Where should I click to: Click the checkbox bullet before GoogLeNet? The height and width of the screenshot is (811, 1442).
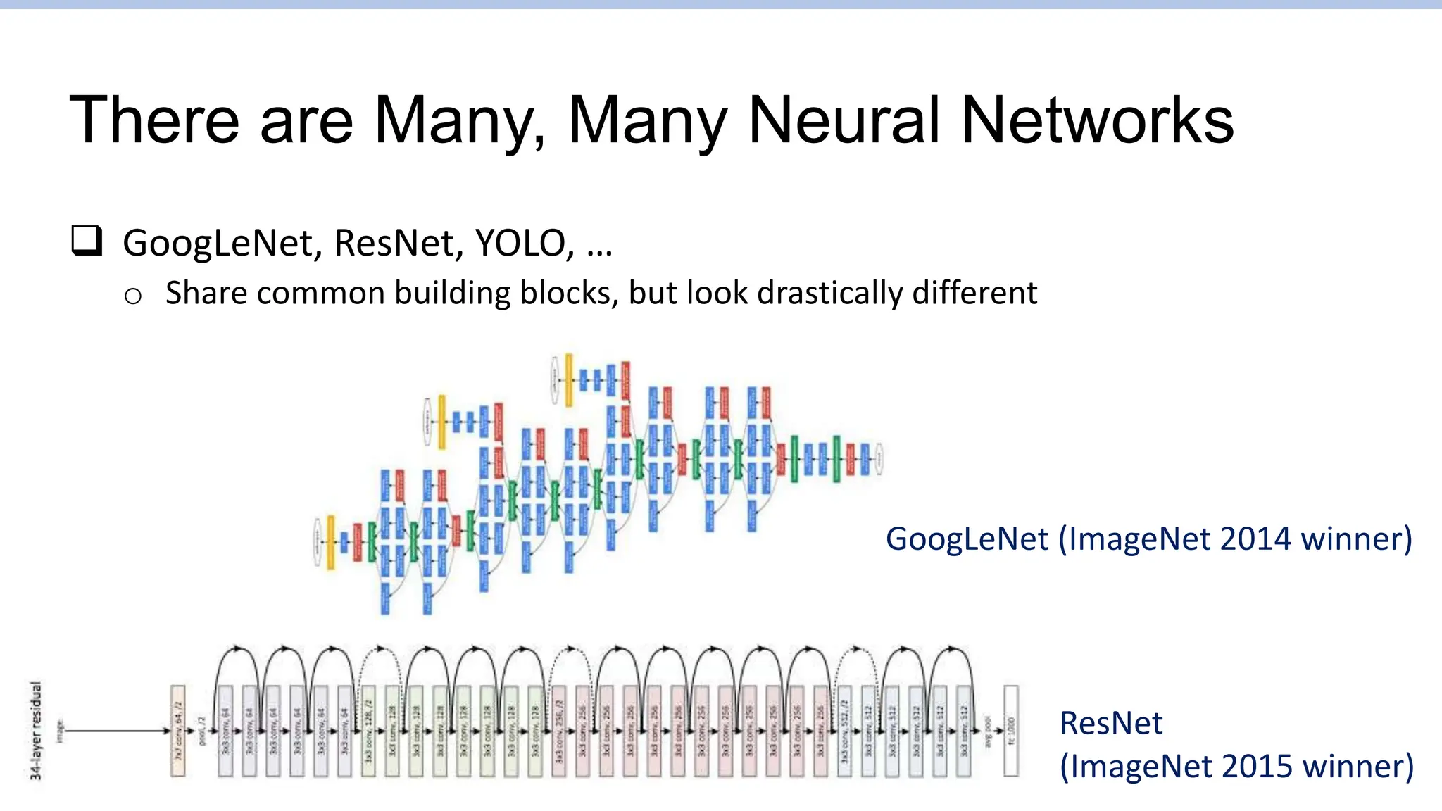tap(87, 241)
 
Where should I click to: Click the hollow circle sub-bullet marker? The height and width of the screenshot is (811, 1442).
tap(133, 296)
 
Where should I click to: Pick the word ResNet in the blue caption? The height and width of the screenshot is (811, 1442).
tap(1111, 723)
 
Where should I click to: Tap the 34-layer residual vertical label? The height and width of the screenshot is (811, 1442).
tap(36, 730)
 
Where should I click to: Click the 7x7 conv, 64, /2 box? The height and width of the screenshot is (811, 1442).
tap(178, 731)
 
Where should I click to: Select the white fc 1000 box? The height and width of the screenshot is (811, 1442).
tap(1011, 731)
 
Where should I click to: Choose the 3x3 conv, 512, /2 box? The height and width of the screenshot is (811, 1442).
tap(844, 731)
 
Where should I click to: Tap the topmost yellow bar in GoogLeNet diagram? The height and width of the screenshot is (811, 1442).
tap(569, 380)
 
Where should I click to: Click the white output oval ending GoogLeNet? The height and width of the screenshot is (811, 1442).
tap(879, 459)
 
